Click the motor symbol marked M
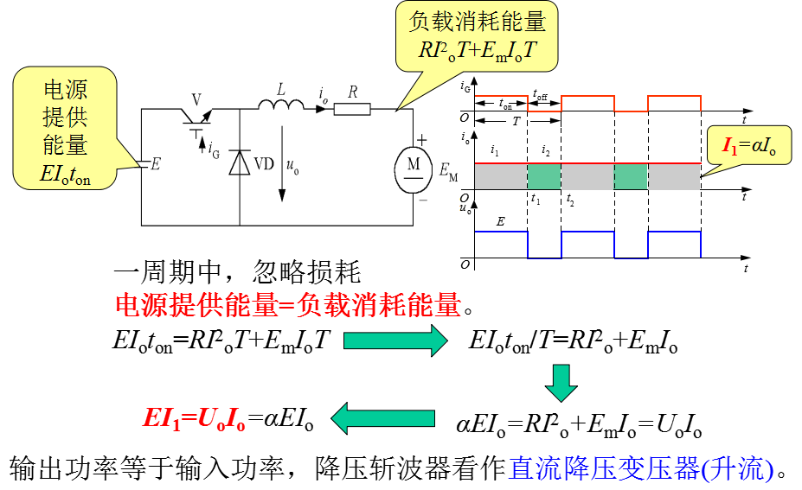(414, 169)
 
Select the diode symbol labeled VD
(240, 162)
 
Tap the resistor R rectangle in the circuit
(352, 109)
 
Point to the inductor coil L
(281, 105)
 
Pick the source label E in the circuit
(156, 164)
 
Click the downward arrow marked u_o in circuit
(282, 163)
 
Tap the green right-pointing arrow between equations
(395, 340)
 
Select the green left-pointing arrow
(382, 418)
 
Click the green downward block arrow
(561, 383)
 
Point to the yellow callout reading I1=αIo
(749, 146)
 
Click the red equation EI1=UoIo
(195, 419)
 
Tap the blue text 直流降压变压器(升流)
(641, 468)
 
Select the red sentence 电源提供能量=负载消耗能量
(288, 306)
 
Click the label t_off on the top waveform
(540, 94)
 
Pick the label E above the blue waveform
(500, 221)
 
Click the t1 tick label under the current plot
(535, 199)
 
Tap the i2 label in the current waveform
(546, 150)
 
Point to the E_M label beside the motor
(448, 172)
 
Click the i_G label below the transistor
(214, 150)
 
